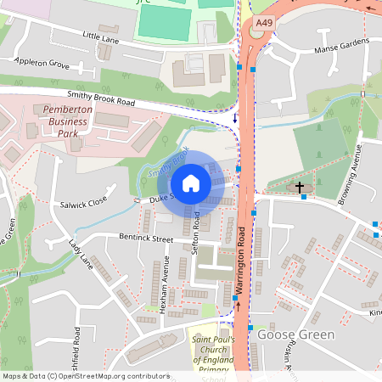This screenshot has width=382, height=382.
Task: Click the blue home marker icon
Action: pos(191,183)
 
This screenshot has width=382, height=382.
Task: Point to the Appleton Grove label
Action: pos(42,62)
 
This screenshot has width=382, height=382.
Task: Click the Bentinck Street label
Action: pos(146,240)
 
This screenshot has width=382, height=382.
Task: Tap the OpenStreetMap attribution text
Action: pos(85,376)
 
